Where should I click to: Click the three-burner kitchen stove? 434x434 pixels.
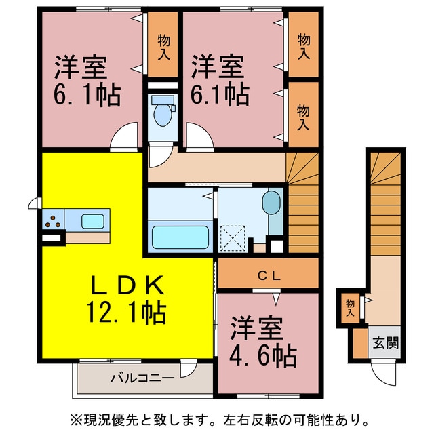coord(52,220)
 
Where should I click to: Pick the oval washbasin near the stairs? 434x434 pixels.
coord(270,202)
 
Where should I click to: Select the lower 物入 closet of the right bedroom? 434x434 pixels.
coord(303,115)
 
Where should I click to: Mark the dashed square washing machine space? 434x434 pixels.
coord(233,238)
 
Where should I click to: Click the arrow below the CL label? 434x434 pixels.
coord(276,296)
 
